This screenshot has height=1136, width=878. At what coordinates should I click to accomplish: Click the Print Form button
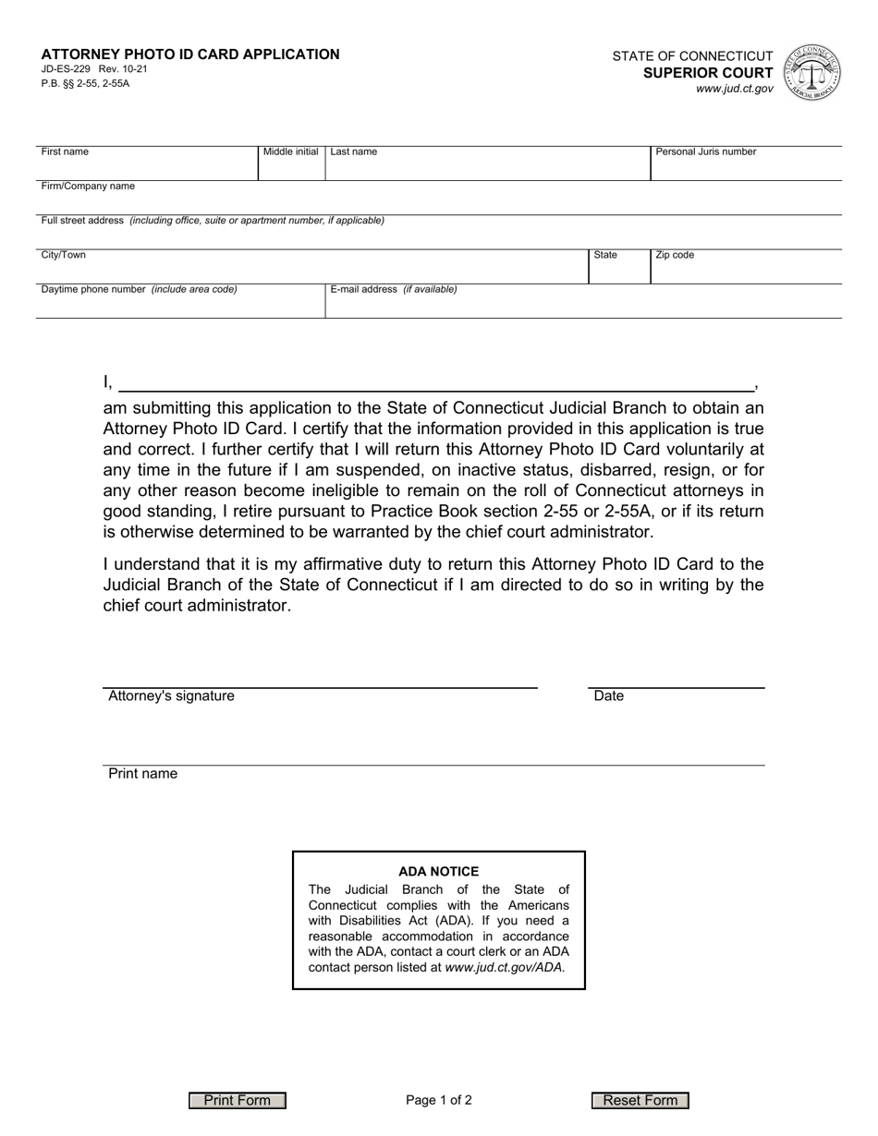click(238, 1100)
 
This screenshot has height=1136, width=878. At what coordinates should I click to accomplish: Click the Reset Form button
click(640, 1100)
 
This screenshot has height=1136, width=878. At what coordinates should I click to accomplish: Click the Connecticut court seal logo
click(811, 72)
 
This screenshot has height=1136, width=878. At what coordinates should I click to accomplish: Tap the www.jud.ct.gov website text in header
click(735, 89)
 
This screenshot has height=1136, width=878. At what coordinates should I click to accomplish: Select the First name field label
click(65, 152)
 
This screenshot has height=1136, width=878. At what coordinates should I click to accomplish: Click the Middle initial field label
click(291, 152)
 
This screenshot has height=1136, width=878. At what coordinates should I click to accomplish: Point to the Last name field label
click(354, 152)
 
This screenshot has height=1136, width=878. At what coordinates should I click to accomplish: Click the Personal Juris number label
click(706, 152)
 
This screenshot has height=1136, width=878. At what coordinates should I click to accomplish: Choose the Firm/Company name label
click(88, 187)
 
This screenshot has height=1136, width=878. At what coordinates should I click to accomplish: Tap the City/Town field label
click(64, 255)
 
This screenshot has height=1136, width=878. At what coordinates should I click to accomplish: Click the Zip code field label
click(675, 255)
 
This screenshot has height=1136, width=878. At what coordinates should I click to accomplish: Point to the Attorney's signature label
click(171, 696)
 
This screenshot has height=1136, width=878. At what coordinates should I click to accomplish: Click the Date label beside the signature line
click(609, 696)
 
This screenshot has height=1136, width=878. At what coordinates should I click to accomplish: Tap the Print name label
click(143, 774)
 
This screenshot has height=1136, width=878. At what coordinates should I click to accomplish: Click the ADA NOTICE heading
click(439, 871)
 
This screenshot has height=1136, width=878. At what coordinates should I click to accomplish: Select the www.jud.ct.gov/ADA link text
click(505, 968)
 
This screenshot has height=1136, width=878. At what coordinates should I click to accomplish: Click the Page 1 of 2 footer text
click(439, 1100)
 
